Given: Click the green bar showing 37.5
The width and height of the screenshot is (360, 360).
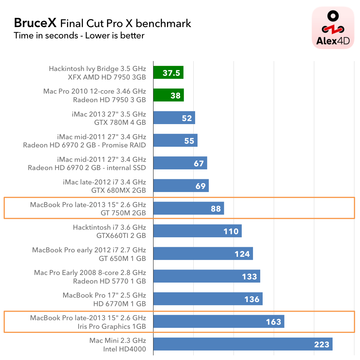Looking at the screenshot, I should click(168, 73).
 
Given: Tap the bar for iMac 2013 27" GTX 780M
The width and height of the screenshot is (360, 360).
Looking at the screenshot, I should click(174, 118).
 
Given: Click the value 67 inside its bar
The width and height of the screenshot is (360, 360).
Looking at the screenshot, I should click(199, 163).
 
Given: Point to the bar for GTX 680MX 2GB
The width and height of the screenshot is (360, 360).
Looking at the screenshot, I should click(181, 186).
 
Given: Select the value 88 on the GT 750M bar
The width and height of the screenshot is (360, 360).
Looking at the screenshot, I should click(216, 208).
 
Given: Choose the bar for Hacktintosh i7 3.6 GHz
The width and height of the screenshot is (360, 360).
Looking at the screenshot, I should click(197, 231).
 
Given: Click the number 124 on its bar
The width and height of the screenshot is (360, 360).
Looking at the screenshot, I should click(242, 254).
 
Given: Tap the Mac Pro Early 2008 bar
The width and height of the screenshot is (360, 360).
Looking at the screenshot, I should click(207, 276).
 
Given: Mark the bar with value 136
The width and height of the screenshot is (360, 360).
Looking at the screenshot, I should click(208, 299).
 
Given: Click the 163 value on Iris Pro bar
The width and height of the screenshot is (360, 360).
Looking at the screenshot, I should click(274, 322).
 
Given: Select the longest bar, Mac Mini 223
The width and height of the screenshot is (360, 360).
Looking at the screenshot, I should click(243, 344).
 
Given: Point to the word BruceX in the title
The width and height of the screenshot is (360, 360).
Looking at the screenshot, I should click(35, 23).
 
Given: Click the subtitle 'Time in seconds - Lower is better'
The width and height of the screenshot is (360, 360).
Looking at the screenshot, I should click(79, 35).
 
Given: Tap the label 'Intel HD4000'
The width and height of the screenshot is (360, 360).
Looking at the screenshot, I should click(124, 349).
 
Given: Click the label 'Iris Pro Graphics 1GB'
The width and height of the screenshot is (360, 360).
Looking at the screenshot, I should click(112, 326).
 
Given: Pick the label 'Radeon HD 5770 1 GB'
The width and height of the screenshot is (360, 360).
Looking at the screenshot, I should click(109, 281).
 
